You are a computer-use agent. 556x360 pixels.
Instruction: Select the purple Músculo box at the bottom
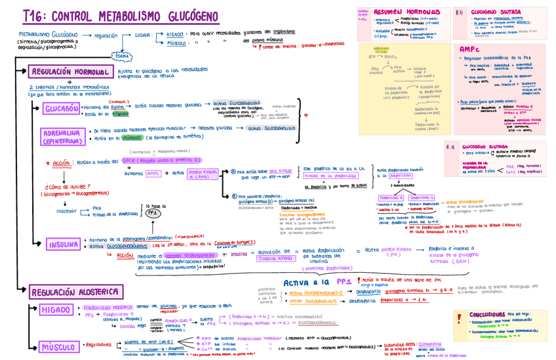click(x=56, y=347)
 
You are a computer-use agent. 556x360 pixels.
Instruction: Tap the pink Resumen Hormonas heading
click(x=407, y=12)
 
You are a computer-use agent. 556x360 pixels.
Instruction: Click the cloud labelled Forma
click(x=121, y=56)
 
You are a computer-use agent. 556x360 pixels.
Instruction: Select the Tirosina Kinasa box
click(x=276, y=258)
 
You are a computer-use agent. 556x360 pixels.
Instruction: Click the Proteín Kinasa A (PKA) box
click(x=202, y=174)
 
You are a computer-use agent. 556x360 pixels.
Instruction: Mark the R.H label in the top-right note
click(x=460, y=12)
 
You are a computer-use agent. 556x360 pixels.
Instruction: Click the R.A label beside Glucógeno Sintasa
click(x=450, y=147)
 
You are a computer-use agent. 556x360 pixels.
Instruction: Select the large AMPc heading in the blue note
click(x=469, y=49)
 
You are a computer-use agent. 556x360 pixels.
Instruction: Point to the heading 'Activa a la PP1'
click(x=318, y=281)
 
